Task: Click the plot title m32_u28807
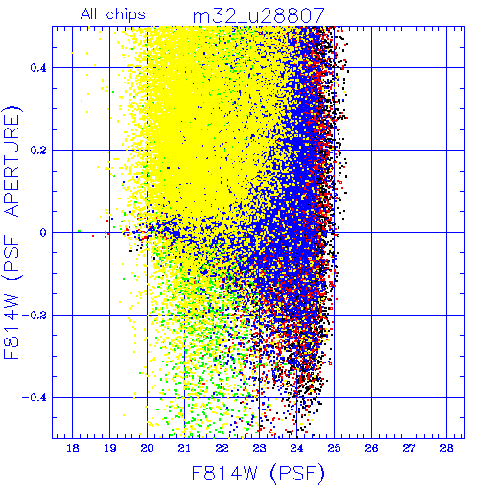click(x=259, y=15)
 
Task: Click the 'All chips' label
click(x=113, y=14)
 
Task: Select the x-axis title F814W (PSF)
click(x=258, y=474)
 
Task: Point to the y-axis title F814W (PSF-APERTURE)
click(x=12, y=232)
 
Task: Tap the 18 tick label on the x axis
click(x=73, y=448)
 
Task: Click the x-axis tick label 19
click(x=110, y=448)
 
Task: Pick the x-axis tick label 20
click(x=148, y=448)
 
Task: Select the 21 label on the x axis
click(x=184, y=448)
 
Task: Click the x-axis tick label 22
click(x=222, y=448)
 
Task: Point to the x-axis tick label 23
click(x=259, y=448)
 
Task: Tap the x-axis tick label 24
click(x=296, y=448)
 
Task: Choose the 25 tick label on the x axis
click(x=334, y=448)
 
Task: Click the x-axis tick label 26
click(x=371, y=448)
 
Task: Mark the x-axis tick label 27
click(x=409, y=448)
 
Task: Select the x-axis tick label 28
click(x=446, y=448)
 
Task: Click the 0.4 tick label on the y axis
click(x=38, y=68)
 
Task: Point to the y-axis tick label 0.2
click(x=38, y=151)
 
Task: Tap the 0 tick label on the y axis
click(x=43, y=233)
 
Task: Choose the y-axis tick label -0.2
click(x=35, y=316)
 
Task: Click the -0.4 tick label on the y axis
click(x=35, y=398)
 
